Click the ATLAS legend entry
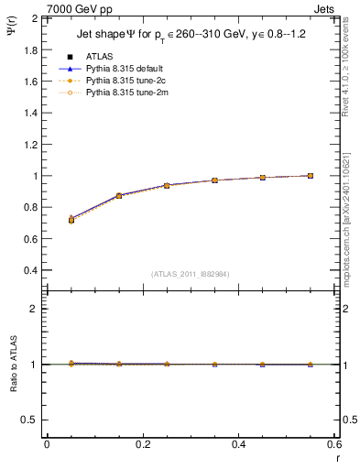[x=99, y=56]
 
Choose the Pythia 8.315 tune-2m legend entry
[x=128, y=92]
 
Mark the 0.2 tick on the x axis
[x=142, y=444]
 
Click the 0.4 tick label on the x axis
[x=238, y=444]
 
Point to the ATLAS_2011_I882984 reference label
[x=190, y=274]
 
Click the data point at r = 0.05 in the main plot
[x=71, y=220]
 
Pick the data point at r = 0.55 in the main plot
[x=311, y=176]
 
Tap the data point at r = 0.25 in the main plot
[x=167, y=186]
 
